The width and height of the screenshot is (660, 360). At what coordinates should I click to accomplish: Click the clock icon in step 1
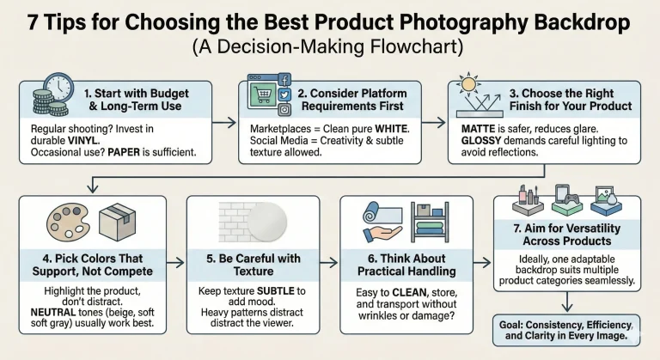click(58, 88)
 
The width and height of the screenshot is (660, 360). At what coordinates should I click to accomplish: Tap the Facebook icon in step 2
click(284, 80)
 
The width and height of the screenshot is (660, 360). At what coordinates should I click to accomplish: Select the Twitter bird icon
click(284, 95)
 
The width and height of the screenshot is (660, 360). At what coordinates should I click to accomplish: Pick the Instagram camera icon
click(284, 109)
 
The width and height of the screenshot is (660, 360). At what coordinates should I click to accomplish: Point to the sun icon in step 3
click(468, 84)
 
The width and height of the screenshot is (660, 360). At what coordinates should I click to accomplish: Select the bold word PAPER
click(124, 152)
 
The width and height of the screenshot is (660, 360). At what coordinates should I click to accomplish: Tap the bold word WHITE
click(392, 129)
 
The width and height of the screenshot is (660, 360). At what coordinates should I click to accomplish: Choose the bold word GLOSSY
click(481, 141)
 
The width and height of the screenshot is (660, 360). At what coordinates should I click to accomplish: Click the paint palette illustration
click(68, 222)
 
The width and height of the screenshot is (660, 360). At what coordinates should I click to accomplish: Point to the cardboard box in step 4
click(118, 223)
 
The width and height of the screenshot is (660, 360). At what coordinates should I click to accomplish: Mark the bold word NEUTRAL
click(53, 313)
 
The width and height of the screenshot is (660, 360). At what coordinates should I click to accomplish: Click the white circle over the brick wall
click(267, 222)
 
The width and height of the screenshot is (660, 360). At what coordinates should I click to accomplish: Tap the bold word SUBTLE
click(275, 291)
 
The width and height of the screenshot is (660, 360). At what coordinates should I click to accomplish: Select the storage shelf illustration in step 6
click(430, 222)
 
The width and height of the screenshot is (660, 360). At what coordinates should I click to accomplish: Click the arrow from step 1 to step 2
click(224, 123)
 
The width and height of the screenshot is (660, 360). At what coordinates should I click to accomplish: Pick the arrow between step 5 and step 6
click(329, 263)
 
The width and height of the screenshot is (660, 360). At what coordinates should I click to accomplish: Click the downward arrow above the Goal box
click(567, 301)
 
